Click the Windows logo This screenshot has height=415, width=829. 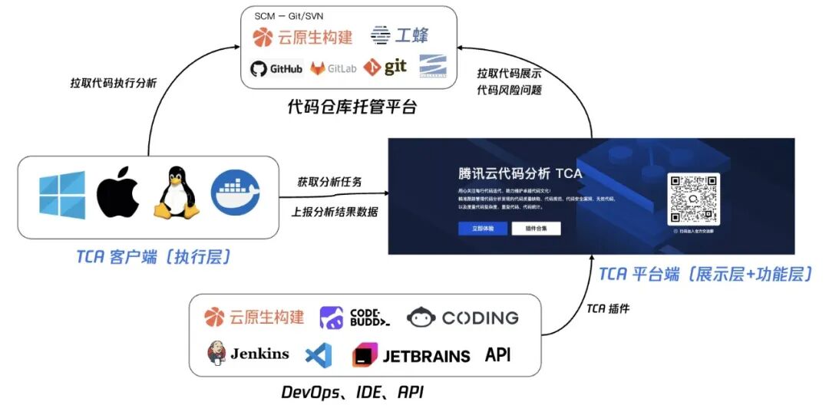62,194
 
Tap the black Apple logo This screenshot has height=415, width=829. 117,194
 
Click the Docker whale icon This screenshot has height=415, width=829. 235,193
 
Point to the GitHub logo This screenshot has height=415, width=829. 276,68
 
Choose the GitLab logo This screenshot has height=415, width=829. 334,68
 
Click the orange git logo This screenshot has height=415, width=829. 385,68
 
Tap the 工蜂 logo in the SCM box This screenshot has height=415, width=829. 400,35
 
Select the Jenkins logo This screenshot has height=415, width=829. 248,354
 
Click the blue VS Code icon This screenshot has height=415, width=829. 319,354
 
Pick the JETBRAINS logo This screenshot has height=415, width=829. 411,356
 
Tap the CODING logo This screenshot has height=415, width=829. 463,318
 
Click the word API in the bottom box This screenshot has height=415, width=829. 497,355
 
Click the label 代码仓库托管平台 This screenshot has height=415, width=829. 352,107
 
